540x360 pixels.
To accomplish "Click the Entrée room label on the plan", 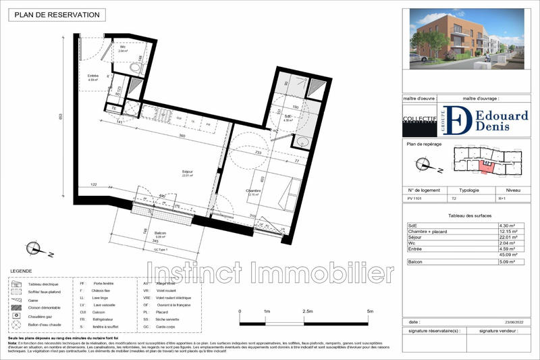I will coord(93,76).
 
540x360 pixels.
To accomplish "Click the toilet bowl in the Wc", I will coord(136,68).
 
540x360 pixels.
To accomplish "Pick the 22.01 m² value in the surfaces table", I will coord(507,237).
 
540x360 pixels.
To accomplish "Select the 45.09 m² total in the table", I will coord(507,254).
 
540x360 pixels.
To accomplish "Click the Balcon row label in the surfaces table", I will coord(417,260).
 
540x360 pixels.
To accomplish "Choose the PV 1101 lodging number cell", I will coord(416,199).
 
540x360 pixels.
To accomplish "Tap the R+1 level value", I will coord(503,199).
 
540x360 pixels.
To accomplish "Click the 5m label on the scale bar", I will coord(370,311).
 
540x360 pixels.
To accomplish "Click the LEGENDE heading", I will coord(20,272).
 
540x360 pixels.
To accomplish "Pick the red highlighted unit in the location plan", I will coord(485,163).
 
